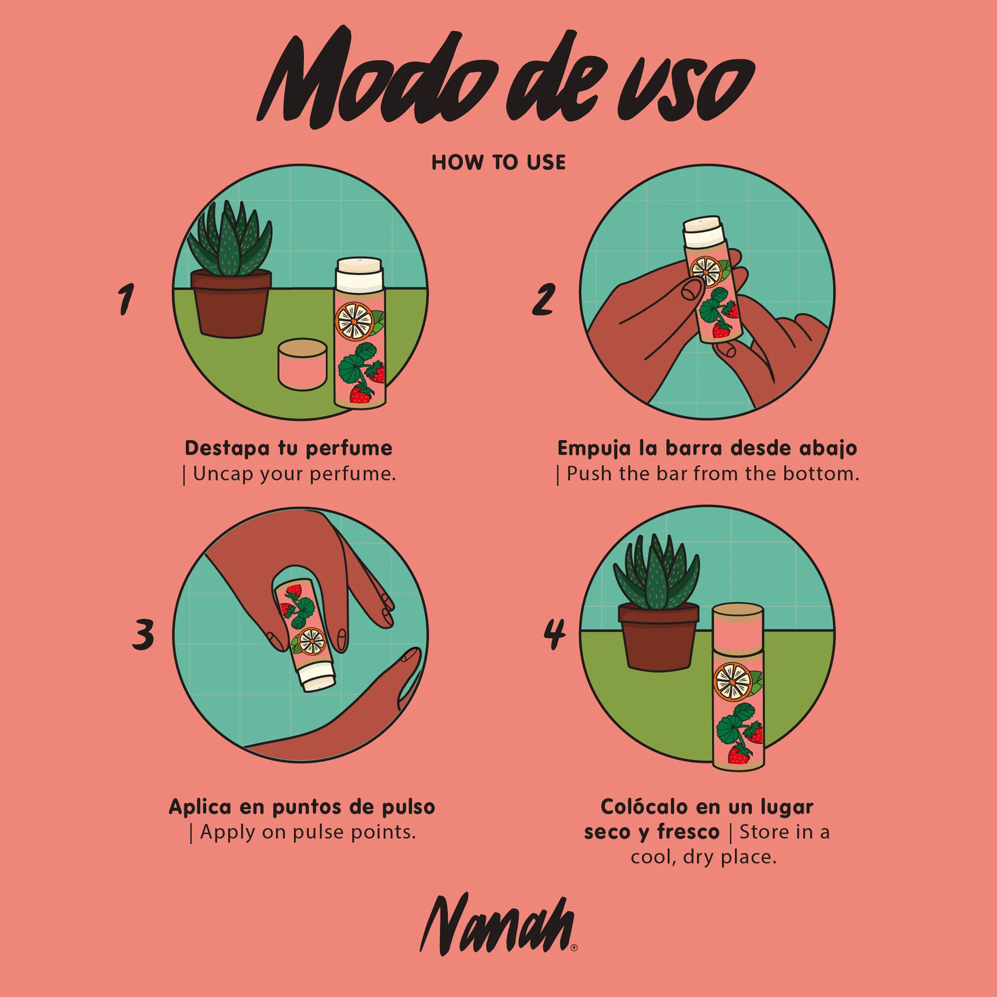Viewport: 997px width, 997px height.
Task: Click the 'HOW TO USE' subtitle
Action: [x=498, y=163]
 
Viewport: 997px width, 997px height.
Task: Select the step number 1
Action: [x=126, y=299]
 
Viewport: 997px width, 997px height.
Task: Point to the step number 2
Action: [x=543, y=299]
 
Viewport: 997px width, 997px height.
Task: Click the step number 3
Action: [x=143, y=634]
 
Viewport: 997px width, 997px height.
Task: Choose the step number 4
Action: [x=555, y=634]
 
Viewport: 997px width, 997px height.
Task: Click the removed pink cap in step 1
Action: [x=303, y=364]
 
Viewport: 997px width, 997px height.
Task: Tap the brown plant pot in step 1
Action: [x=231, y=305]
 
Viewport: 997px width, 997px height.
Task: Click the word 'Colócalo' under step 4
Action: [x=645, y=807]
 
